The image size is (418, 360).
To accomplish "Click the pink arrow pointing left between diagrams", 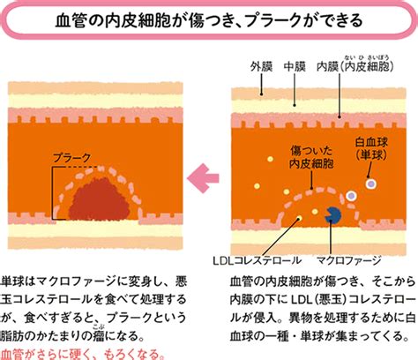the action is pyautogui.click(x=203, y=178).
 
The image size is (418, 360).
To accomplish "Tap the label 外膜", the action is pyautogui.click(x=261, y=67).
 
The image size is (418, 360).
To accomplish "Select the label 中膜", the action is pyautogui.click(x=295, y=67).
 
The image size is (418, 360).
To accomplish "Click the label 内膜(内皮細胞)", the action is pyautogui.click(x=355, y=67).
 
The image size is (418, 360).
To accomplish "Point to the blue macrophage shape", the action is pyautogui.click(x=332, y=215).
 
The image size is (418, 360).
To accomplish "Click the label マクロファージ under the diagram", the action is pyautogui.click(x=348, y=260).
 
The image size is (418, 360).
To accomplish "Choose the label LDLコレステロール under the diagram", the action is pyautogui.click(x=257, y=260).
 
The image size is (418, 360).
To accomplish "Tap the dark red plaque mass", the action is pyautogui.click(x=100, y=199).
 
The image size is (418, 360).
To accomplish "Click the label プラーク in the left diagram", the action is pyautogui.click(x=71, y=158).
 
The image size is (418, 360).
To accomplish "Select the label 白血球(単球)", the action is pyautogui.click(x=371, y=149).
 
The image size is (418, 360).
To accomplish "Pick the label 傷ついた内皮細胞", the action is pyautogui.click(x=311, y=158).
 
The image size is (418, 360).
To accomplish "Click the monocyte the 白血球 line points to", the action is pyautogui.click(x=371, y=184).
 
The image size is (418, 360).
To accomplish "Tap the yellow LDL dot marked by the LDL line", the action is pyautogui.click(x=299, y=218).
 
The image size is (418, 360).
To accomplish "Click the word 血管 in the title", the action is pyautogui.click(x=71, y=20).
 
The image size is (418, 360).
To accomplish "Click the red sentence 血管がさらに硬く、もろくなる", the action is pyautogui.click(x=83, y=354).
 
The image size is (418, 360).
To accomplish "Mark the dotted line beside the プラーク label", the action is pyautogui.click(x=80, y=167).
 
